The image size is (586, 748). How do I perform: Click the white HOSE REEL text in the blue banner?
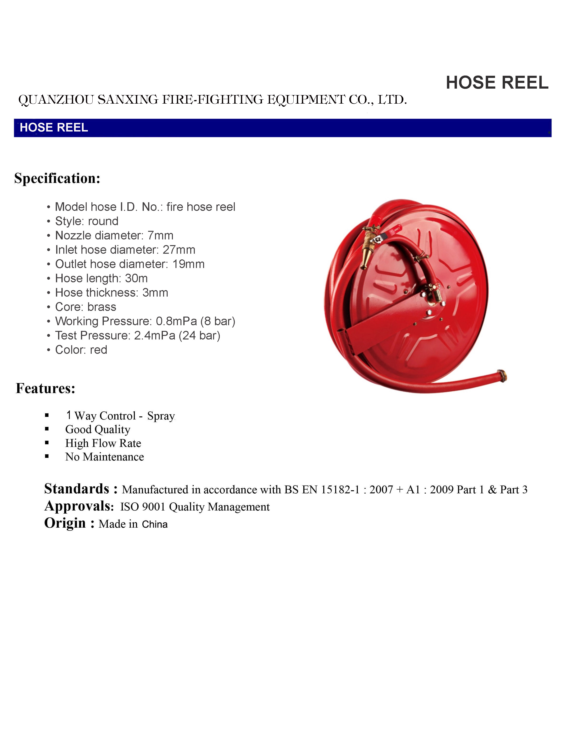(x=54, y=128)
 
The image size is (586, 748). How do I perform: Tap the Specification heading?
(x=57, y=178)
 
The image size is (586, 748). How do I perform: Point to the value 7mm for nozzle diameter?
(x=160, y=236)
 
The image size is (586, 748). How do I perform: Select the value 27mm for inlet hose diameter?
(x=179, y=250)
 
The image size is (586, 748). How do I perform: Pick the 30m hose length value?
(x=136, y=278)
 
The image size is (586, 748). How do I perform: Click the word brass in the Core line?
(x=102, y=307)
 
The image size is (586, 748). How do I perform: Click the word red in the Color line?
(x=99, y=350)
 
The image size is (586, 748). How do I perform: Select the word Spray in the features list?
(x=161, y=416)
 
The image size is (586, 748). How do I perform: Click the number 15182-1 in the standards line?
(x=340, y=490)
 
